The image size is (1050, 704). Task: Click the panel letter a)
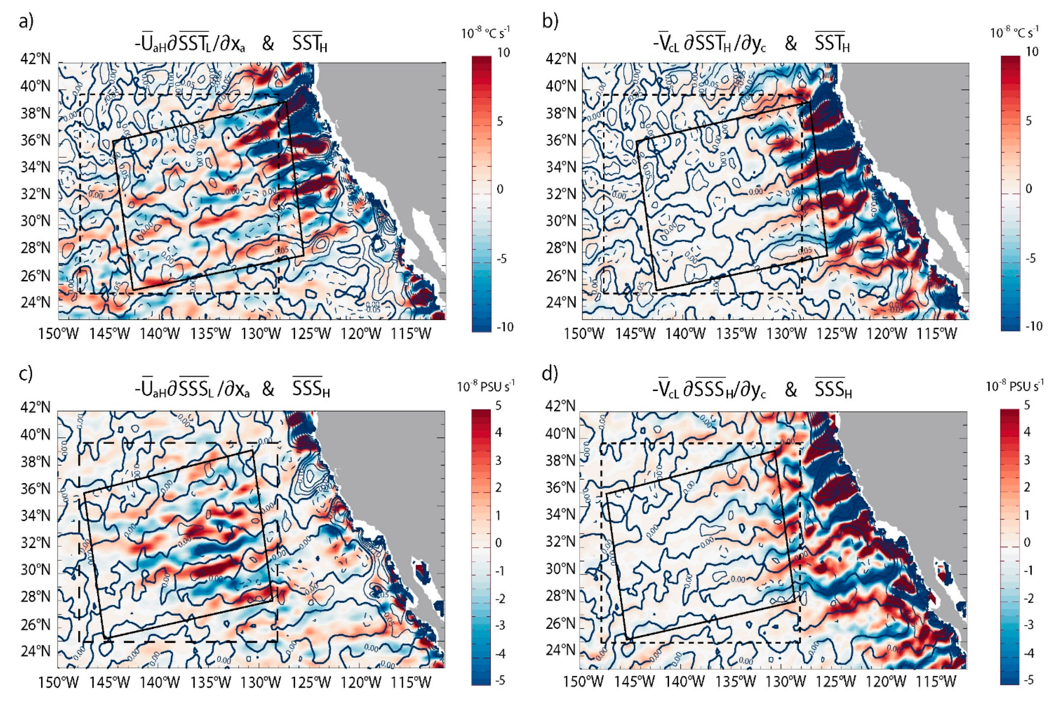(26, 21)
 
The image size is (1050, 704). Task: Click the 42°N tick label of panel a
(35, 59)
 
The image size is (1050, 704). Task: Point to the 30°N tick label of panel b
(560, 221)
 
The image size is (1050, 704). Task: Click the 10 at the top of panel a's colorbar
(503, 53)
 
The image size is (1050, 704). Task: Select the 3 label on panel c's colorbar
(498, 461)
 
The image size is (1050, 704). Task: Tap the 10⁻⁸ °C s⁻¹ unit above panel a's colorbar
(486, 33)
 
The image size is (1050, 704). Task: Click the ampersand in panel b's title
(791, 44)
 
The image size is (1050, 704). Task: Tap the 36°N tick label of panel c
(35, 489)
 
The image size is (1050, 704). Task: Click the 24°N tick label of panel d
(560, 650)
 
